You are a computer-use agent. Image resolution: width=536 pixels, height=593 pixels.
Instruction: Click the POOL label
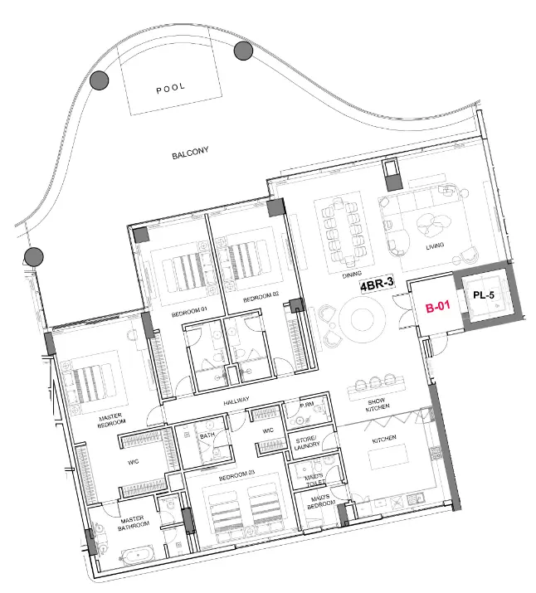[x=171, y=87]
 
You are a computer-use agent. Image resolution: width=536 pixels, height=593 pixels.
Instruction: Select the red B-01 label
[x=437, y=308]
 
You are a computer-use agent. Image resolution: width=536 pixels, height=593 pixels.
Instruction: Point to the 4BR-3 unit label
[x=377, y=287]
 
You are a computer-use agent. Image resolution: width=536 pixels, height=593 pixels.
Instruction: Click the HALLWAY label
[x=237, y=402]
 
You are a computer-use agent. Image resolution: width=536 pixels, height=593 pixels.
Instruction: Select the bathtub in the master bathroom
[x=134, y=557]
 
